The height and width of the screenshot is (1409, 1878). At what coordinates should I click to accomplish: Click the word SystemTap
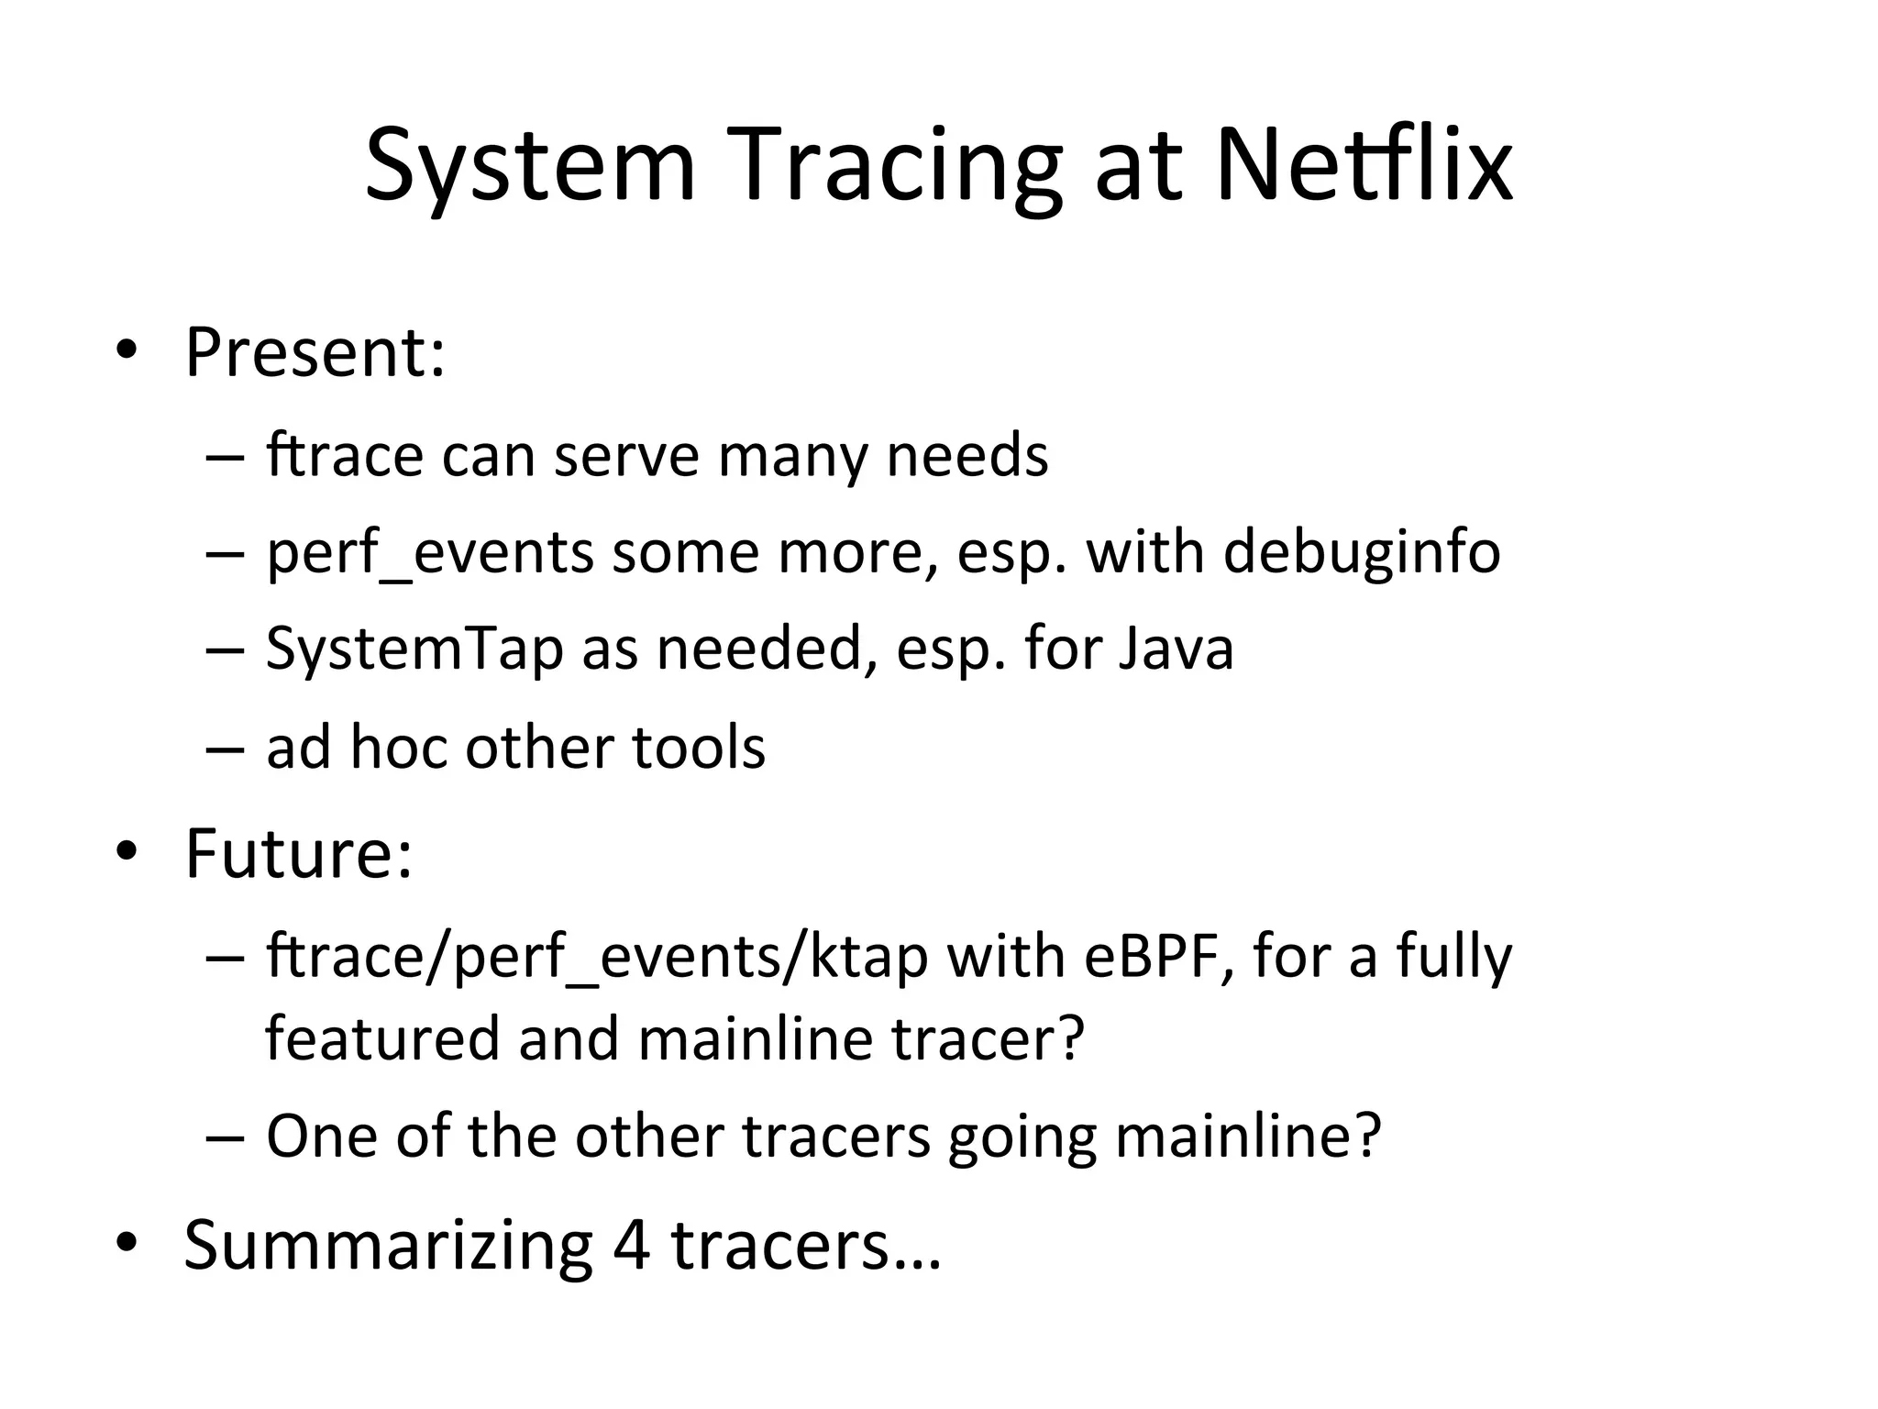(x=414, y=649)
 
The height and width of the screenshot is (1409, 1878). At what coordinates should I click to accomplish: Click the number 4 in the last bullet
(x=631, y=1245)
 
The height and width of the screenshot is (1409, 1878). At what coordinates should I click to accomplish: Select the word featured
(x=382, y=1037)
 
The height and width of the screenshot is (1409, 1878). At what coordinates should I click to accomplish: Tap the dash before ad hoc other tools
(x=226, y=749)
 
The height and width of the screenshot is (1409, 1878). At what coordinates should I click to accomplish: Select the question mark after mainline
(x=1367, y=1136)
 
